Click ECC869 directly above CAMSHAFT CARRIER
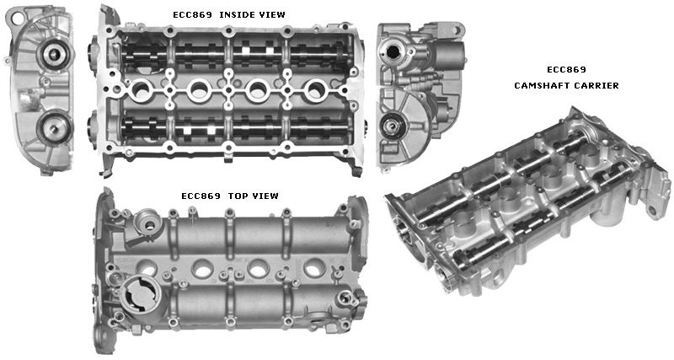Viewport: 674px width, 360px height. pos(566,69)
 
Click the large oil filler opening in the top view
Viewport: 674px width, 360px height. pos(139,298)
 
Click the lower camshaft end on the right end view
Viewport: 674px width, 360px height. pos(393,128)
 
